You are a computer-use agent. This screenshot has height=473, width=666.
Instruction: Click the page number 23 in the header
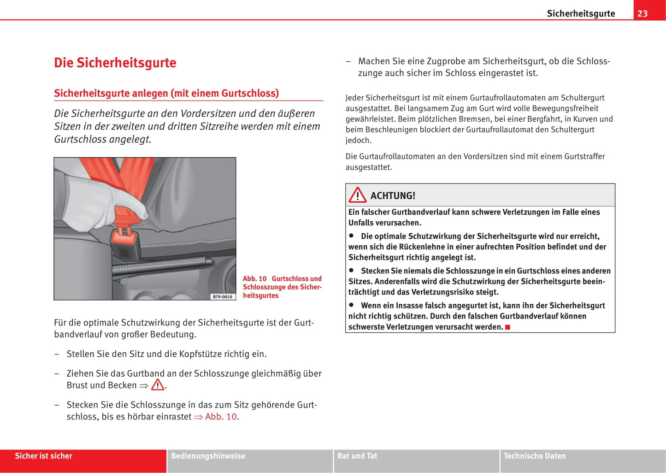coord(642,13)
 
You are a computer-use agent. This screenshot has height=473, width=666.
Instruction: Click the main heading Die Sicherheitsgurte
coord(115,63)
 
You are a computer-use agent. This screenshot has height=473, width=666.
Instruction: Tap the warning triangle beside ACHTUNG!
coord(357,195)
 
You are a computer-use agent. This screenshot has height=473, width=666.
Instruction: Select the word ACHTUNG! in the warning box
coord(393,195)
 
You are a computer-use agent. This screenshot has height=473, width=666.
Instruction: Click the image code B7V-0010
coord(223,296)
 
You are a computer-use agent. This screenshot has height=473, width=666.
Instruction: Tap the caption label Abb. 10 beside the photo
coord(255,278)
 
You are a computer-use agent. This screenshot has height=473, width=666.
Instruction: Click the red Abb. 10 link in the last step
coord(221,417)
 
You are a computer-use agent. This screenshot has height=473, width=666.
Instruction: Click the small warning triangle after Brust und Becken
coord(158,385)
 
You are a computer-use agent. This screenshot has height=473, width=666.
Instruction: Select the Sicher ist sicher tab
coord(44,456)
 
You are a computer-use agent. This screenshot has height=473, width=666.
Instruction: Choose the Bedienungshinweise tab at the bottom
coord(208,456)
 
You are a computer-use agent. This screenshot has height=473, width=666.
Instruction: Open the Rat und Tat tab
coord(357,456)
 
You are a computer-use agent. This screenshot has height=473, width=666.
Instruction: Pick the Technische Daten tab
coord(535,456)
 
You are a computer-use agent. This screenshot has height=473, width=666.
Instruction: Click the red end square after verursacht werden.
coord(508,327)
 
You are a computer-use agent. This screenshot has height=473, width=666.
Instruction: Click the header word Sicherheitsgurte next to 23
coord(581,13)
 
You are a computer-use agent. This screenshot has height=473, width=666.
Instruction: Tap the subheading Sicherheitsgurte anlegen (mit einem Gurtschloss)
coord(166,93)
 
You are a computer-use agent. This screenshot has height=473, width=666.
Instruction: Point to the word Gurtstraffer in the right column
coord(584,156)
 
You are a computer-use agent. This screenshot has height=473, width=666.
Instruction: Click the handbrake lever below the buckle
coord(161,267)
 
